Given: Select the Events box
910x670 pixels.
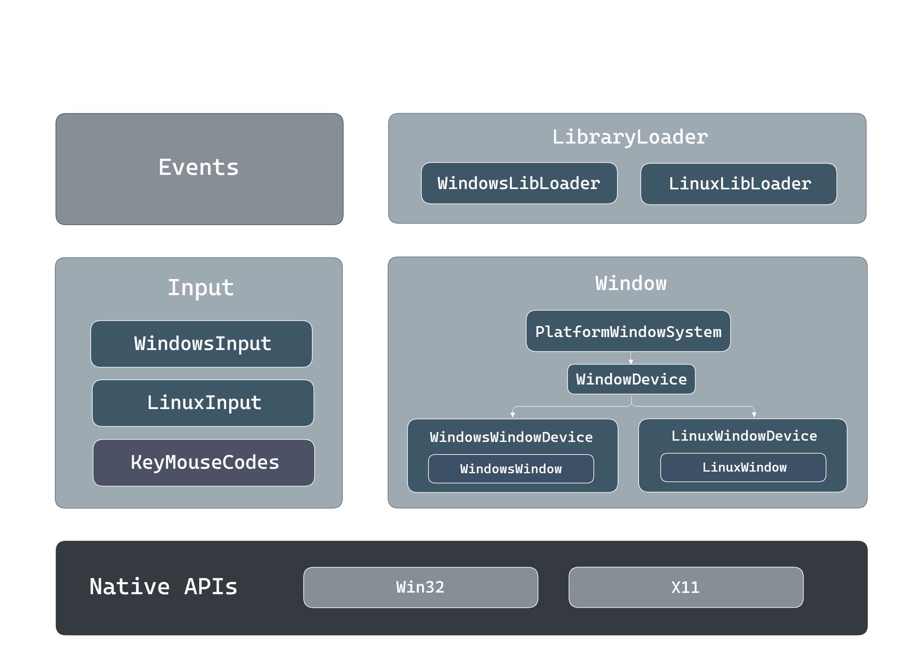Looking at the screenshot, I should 199,169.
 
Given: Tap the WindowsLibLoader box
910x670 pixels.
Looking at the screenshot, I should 519,183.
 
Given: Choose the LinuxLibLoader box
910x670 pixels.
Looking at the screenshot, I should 738,184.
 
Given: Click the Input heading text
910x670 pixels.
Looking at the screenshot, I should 201,287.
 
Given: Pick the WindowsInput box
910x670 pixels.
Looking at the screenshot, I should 202,344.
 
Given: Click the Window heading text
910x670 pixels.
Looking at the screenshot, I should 631,284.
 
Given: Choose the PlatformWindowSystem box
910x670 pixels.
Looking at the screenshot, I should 628,331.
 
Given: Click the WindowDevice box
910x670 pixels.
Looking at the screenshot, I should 631,379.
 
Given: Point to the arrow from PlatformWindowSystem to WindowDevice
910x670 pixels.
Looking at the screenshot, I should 631,358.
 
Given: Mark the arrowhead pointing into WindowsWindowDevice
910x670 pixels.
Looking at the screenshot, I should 513,415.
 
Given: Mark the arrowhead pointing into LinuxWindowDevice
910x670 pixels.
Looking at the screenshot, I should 754,415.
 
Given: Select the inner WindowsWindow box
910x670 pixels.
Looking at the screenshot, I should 511,469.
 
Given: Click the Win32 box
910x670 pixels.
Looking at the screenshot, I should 420,587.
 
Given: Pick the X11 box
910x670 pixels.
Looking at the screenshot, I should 686,587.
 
